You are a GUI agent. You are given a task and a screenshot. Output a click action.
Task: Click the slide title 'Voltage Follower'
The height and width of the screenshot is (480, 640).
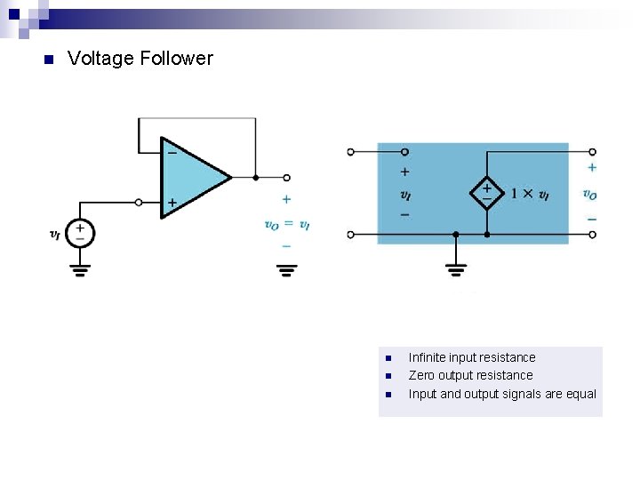coord(140,59)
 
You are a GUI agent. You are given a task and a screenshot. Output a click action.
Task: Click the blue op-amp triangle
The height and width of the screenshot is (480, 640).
coord(191,177)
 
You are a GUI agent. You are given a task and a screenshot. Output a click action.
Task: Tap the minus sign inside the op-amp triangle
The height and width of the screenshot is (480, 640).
coord(172,153)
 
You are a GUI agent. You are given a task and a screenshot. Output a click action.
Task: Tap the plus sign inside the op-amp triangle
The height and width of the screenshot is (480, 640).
coord(172,203)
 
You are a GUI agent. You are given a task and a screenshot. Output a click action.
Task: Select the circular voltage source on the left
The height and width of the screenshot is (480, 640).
coord(80,234)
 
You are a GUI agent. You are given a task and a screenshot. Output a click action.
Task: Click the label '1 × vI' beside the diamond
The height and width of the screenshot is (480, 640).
coord(530,193)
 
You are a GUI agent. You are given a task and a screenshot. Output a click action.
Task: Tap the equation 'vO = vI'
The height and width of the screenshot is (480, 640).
coord(286,225)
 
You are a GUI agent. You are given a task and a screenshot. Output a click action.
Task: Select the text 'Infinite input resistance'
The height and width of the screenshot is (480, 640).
coord(472,357)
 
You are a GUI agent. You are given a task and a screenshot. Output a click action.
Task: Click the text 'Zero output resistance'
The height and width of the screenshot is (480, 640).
coord(470,375)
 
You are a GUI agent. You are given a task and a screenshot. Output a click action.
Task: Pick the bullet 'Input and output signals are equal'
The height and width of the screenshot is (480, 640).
coord(502,394)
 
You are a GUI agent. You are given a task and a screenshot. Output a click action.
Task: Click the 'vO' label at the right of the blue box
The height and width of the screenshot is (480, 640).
coord(590,194)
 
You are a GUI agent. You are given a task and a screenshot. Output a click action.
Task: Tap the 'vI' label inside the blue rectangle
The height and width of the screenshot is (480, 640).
coord(405,194)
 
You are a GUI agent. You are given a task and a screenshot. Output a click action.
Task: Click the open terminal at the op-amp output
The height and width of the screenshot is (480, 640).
coord(286,178)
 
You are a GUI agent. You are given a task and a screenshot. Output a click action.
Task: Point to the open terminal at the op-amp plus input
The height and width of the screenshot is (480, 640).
coord(139,203)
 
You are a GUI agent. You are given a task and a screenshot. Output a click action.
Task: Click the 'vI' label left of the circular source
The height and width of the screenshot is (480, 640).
coord(55,235)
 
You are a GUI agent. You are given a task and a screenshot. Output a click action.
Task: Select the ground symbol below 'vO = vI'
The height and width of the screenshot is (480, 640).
coord(286,268)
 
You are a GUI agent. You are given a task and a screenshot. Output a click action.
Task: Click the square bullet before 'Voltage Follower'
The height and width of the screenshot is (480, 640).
coord(48,60)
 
